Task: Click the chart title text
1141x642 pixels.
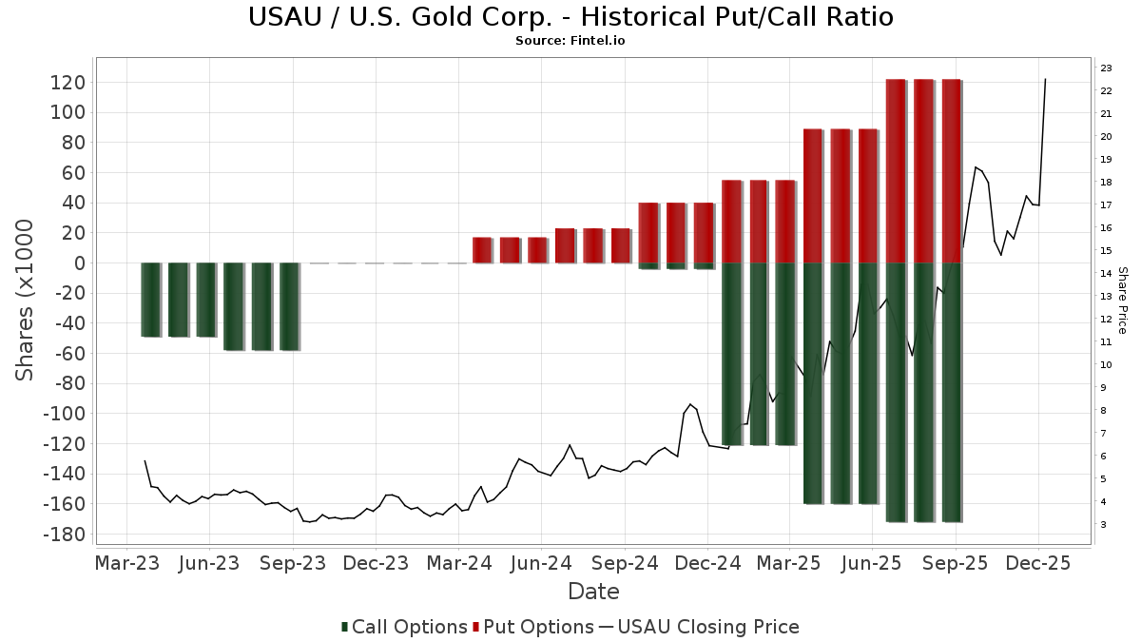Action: tap(570, 17)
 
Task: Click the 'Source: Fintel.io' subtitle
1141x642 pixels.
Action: tap(570, 41)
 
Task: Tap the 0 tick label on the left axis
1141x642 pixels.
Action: tap(80, 263)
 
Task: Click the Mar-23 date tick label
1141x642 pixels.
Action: tap(127, 563)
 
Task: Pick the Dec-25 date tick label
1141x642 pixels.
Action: tap(1038, 563)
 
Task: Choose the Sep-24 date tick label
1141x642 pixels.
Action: tap(625, 563)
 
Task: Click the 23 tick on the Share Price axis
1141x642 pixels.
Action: tap(1107, 68)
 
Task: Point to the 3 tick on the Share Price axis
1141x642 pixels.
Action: tap(1104, 525)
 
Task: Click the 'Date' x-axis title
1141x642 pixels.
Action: tap(593, 592)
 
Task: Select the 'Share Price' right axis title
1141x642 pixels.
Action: tap(1122, 300)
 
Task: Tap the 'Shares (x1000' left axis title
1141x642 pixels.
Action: tap(25, 300)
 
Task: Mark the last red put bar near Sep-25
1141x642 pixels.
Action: tap(951, 171)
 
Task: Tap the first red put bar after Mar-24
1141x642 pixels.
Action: tap(482, 250)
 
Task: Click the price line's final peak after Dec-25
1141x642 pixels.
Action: tap(1045, 80)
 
